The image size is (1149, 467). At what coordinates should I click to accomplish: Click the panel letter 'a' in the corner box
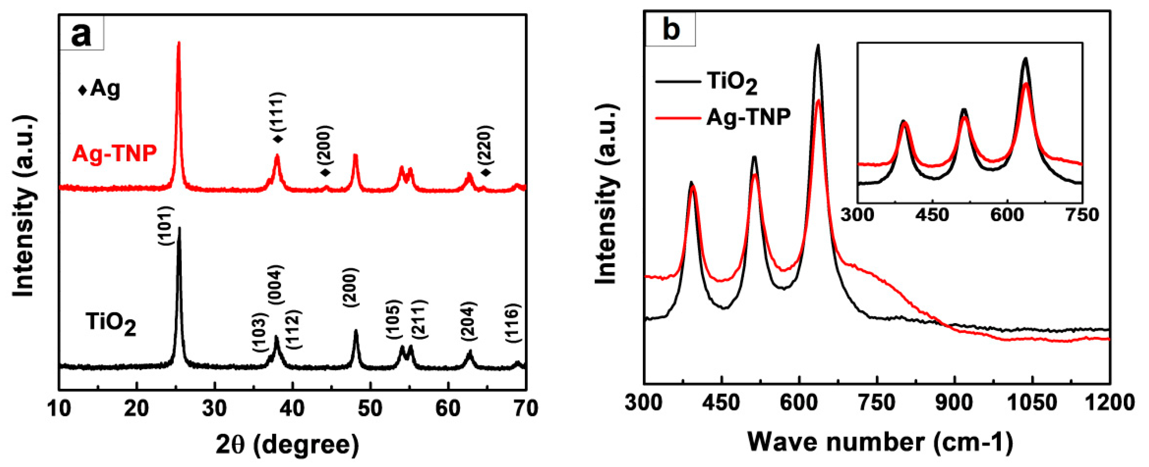[81, 34]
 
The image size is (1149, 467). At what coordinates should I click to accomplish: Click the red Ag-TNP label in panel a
[115, 153]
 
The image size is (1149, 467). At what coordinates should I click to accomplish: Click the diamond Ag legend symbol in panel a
[83, 90]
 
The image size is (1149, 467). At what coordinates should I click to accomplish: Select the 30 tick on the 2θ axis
[215, 408]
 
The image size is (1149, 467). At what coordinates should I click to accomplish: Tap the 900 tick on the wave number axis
[955, 403]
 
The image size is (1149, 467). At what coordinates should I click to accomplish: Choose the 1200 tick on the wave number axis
[1109, 403]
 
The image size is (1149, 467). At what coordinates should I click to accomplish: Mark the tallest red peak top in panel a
[179, 43]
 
